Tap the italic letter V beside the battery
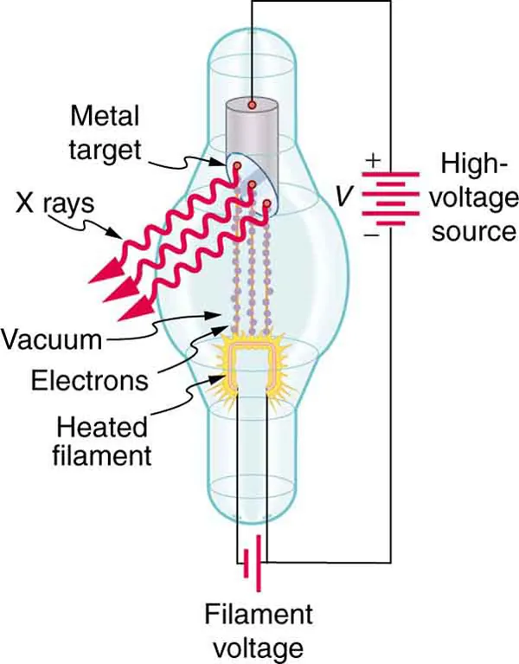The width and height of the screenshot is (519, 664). click(344, 197)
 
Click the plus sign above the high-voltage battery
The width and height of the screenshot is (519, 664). click(373, 159)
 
